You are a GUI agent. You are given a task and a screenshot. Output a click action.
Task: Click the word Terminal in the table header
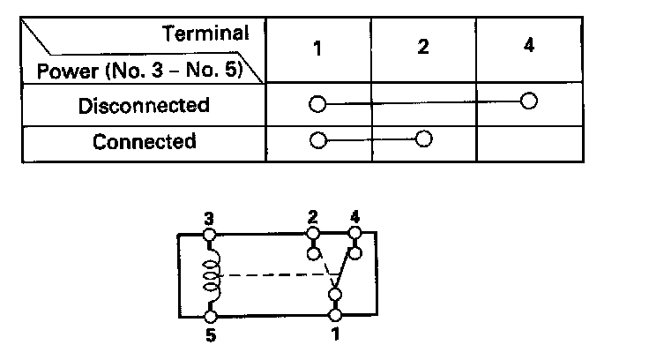click(x=205, y=34)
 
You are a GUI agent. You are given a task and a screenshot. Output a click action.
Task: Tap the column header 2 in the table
click(x=423, y=48)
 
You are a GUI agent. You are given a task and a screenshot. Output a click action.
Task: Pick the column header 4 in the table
click(x=528, y=45)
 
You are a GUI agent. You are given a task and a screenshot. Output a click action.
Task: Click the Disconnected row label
click(x=144, y=106)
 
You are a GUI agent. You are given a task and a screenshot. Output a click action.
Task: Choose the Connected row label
click(x=144, y=141)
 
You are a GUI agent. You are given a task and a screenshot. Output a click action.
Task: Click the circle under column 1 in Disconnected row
click(x=317, y=105)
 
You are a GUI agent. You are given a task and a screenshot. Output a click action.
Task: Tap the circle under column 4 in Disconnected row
click(x=528, y=101)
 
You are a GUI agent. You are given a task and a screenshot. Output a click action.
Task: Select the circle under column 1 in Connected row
click(x=317, y=139)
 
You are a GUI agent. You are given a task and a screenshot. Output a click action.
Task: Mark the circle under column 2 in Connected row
click(x=423, y=139)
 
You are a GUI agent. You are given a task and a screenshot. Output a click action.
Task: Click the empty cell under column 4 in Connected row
click(x=529, y=141)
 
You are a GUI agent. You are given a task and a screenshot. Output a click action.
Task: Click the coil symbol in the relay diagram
click(x=211, y=275)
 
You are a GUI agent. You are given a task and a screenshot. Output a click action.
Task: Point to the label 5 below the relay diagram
click(x=210, y=335)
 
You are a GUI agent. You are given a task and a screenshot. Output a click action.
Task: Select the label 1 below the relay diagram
click(x=335, y=334)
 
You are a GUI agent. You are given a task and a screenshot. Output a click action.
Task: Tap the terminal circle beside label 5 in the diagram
click(x=211, y=316)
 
